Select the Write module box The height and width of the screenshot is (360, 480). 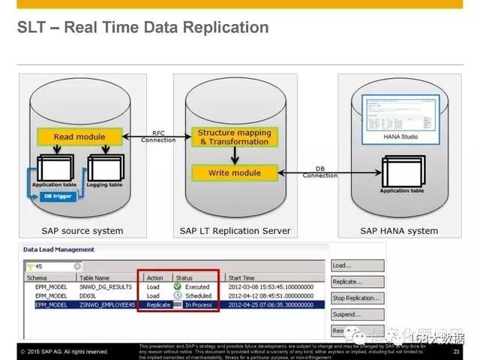tap(234, 172)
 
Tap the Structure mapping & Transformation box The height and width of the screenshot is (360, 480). tap(234, 136)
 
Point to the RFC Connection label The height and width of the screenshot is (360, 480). tap(158, 136)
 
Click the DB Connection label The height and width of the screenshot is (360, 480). tap(320, 172)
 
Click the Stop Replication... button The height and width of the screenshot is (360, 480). tap(358, 298)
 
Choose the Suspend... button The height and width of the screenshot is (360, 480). tap(358, 314)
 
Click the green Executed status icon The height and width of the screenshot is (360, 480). tap(178, 286)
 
